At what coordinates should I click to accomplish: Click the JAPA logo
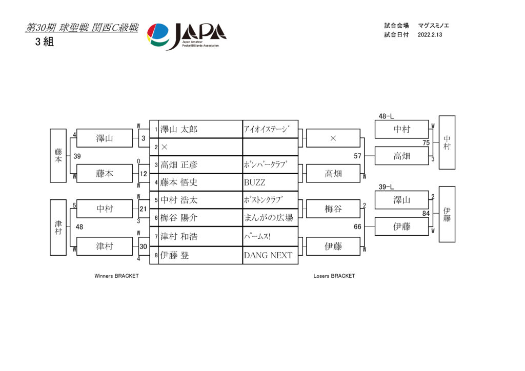[x=187, y=36]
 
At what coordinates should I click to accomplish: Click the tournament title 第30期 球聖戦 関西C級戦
[x=82, y=28]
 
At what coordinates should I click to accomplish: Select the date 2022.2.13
[x=430, y=35]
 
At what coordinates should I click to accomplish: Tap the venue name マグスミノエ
[x=434, y=26]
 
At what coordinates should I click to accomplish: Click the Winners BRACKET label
[x=116, y=276]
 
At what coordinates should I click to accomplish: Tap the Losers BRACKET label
[x=334, y=276]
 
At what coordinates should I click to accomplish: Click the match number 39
[x=77, y=156]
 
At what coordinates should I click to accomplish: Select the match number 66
[x=357, y=227]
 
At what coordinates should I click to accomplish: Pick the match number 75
[x=426, y=143]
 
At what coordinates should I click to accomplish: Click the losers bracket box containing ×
[x=333, y=138]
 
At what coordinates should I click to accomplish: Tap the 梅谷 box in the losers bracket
[x=333, y=209]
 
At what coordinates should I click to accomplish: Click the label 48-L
[x=386, y=116]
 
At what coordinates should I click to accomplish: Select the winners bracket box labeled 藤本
[x=105, y=173]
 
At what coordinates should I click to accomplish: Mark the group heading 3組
[x=45, y=42]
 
